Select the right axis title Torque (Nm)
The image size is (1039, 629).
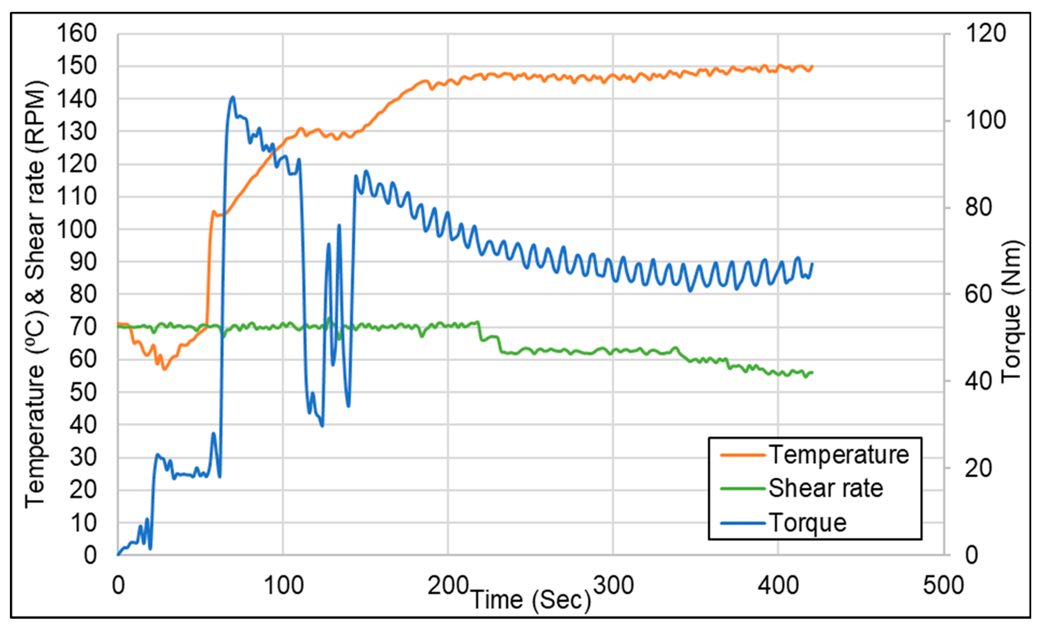tap(1011, 312)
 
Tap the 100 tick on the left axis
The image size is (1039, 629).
tap(77, 230)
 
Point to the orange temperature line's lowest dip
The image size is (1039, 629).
tap(164, 370)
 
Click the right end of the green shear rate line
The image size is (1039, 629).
tap(812, 372)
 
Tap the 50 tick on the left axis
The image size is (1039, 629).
tap(83, 393)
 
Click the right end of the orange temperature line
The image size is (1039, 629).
tap(812, 66)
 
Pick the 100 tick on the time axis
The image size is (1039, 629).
tap(283, 586)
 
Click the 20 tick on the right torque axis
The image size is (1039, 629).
tap(978, 468)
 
